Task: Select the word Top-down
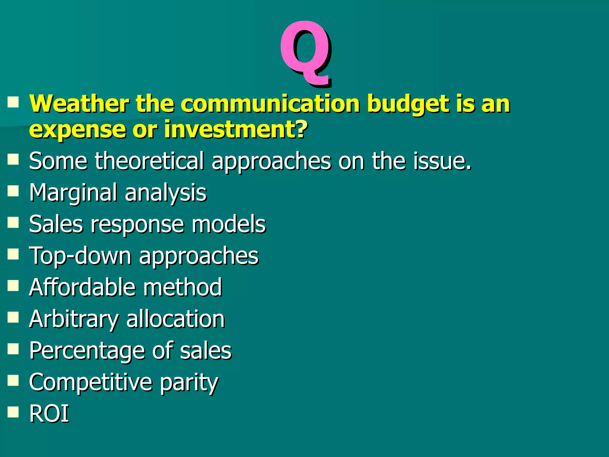pos(80,256)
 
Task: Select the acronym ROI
pos(49,414)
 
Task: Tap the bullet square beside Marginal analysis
pos(13,191)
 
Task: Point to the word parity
pos(189,383)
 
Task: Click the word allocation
pos(175,319)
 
